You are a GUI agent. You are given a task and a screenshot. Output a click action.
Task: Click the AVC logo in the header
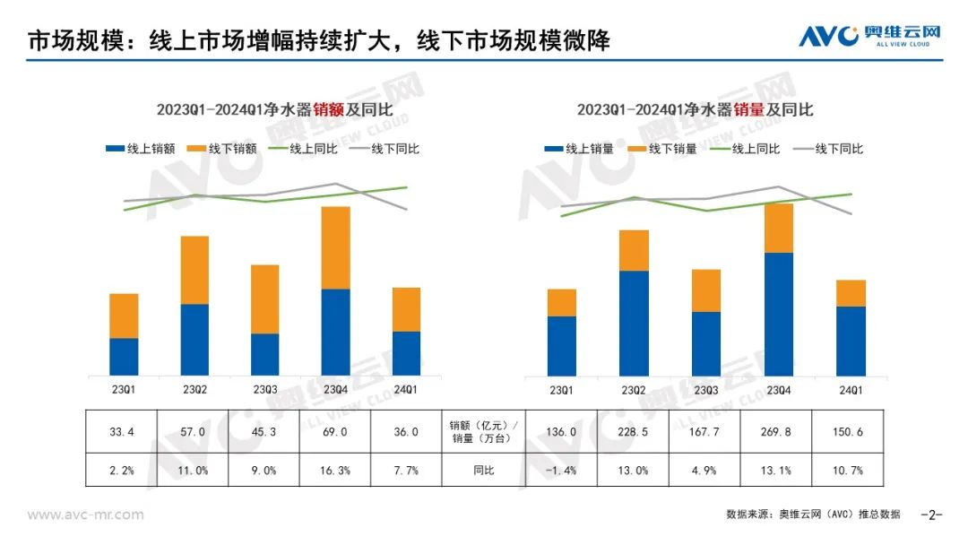pos(869,36)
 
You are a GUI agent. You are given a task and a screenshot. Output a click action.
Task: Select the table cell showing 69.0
pos(335,431)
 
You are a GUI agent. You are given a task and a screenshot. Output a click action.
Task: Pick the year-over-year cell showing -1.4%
pos(560,470)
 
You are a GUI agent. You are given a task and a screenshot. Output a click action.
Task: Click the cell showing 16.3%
pos(335,470)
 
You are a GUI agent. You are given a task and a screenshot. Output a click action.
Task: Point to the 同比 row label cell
pos(485,470)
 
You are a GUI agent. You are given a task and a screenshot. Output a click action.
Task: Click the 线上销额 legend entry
pos(140,149)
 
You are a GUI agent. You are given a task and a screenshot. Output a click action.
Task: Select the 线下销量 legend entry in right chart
pos(661,149)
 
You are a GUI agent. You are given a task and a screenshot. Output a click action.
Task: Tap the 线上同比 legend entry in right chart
pos(745,149)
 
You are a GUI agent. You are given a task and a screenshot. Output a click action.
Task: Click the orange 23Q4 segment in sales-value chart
pos(335,247)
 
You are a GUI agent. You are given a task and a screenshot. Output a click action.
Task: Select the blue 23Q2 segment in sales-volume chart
pos(634,323)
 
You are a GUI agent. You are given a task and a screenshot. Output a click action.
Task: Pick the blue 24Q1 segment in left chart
pos(406,353)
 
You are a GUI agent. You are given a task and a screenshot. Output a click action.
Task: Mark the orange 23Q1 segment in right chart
pos(561,302)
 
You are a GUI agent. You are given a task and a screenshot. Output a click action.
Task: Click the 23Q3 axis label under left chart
pos(265,389)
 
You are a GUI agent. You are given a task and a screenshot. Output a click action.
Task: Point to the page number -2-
pos(933,515)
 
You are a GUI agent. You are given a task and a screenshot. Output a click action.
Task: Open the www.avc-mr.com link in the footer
pos(85,515)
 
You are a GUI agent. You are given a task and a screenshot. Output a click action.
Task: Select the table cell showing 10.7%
pos(847,470)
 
